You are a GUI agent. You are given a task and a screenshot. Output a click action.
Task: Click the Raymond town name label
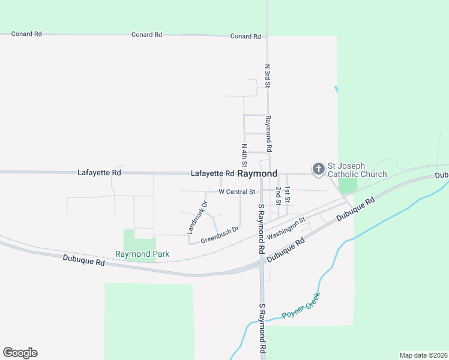tap(258, 173)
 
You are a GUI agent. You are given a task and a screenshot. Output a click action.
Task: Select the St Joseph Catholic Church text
tap(357, 170)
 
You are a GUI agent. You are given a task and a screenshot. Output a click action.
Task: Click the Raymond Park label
tap(142, 254)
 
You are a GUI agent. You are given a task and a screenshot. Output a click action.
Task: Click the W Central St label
tap(237, 192)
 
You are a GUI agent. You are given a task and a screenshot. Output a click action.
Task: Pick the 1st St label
tap(288, 195)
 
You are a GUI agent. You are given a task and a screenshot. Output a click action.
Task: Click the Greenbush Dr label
tap(220, 234)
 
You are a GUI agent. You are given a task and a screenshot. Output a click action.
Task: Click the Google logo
tap(20, 353)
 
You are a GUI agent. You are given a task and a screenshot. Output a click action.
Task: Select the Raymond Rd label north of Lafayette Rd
tap(269, 133)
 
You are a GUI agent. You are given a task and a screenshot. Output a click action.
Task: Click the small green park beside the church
tap(348, 185)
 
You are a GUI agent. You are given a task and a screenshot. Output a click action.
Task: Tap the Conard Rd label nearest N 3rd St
tap(246, 36)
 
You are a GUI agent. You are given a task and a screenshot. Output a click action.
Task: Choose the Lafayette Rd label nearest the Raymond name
tap(212, 173)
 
